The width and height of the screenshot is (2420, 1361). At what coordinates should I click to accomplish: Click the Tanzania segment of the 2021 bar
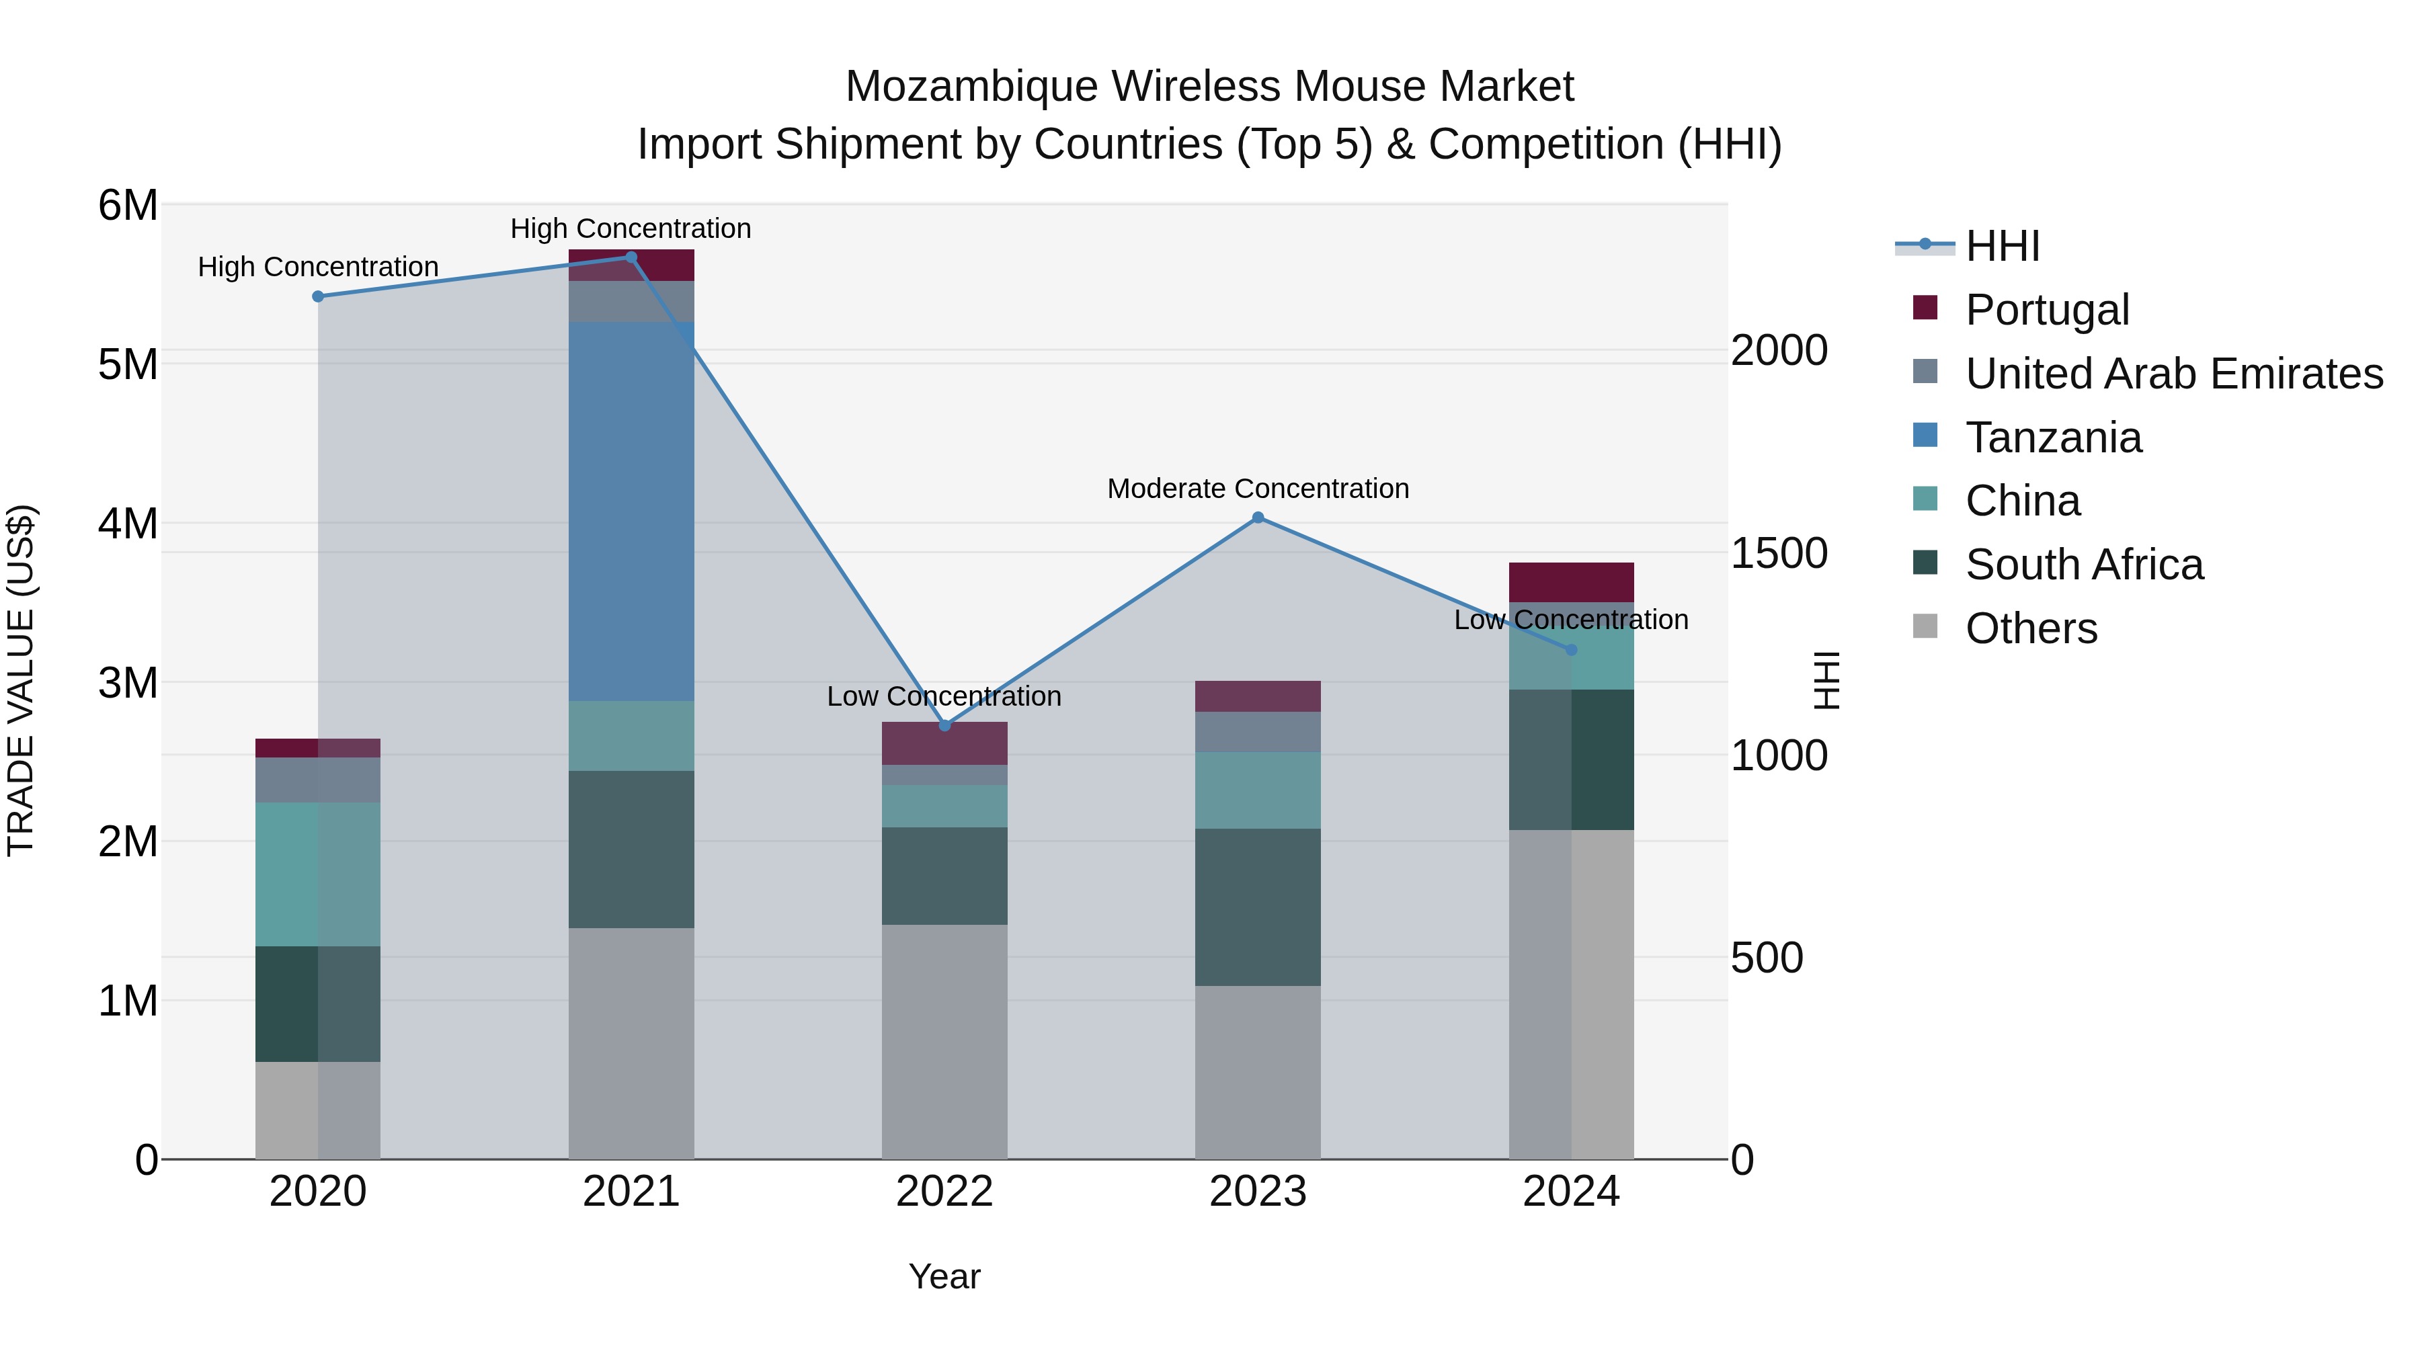[x=631, y=512]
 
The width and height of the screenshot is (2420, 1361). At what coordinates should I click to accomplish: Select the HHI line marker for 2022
[x=945, y=725]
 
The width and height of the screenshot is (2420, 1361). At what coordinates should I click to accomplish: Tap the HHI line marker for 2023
[x=1258, y=518]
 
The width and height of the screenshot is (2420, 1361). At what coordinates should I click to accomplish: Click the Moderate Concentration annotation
[x=1258, y=489]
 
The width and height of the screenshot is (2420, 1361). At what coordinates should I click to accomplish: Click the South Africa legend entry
[x=2084, y=565]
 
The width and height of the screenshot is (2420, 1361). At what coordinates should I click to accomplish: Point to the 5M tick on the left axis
[x=128, y=364]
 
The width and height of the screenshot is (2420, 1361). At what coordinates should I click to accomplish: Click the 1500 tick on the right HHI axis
[x=1778, y=553]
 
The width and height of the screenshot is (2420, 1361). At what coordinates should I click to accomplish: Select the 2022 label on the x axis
[x=945, y=1192]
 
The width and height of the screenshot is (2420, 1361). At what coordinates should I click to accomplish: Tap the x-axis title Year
[x=945, y=1276]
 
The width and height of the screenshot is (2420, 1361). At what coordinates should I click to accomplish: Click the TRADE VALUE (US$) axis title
[x=21, y=680]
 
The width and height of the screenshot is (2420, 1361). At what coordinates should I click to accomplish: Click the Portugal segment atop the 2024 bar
[x=1572, y=582]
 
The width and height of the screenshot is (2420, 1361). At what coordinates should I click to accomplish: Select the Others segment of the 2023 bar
[x=1258, y=1072]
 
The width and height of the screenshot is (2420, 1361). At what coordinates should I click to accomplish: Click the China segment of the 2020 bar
[x=317, y=874]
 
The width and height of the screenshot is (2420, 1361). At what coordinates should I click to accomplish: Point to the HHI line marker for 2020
[x=317, y=297]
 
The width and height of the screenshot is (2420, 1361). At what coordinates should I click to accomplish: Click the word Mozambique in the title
[x=971, y=87]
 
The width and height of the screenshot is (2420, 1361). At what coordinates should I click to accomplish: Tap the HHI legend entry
[x=2001, y=246]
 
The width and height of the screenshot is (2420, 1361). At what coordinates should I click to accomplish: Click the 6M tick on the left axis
[x=128, y=205]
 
